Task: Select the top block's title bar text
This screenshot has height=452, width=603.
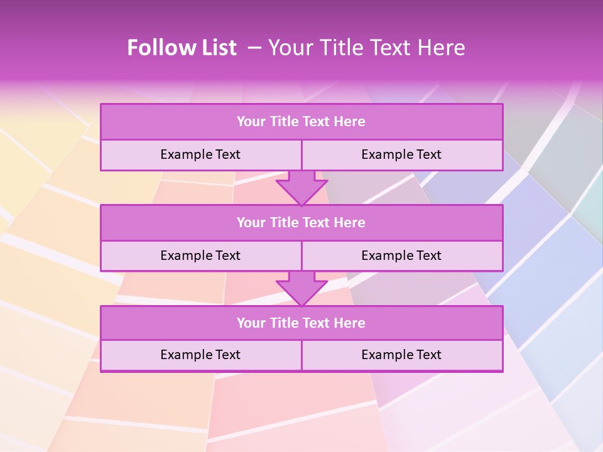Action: click(301, 122)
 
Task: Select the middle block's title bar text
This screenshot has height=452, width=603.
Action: click(301, 222)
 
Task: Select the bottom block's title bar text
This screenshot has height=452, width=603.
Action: click(301, 323)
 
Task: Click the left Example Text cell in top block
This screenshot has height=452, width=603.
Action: click(200, 154)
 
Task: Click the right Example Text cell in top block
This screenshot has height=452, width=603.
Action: click(401, 154)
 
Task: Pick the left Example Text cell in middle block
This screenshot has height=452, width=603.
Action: click(200, 256)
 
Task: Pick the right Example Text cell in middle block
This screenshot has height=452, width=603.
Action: click(401, 256)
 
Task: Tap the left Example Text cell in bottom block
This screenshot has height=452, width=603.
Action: click(200, 355)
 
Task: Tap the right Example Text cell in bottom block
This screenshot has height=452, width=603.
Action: click(401, 355)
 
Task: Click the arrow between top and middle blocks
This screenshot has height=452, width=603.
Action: click(301, 188)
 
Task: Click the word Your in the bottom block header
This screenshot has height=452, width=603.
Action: click(251, 323)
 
